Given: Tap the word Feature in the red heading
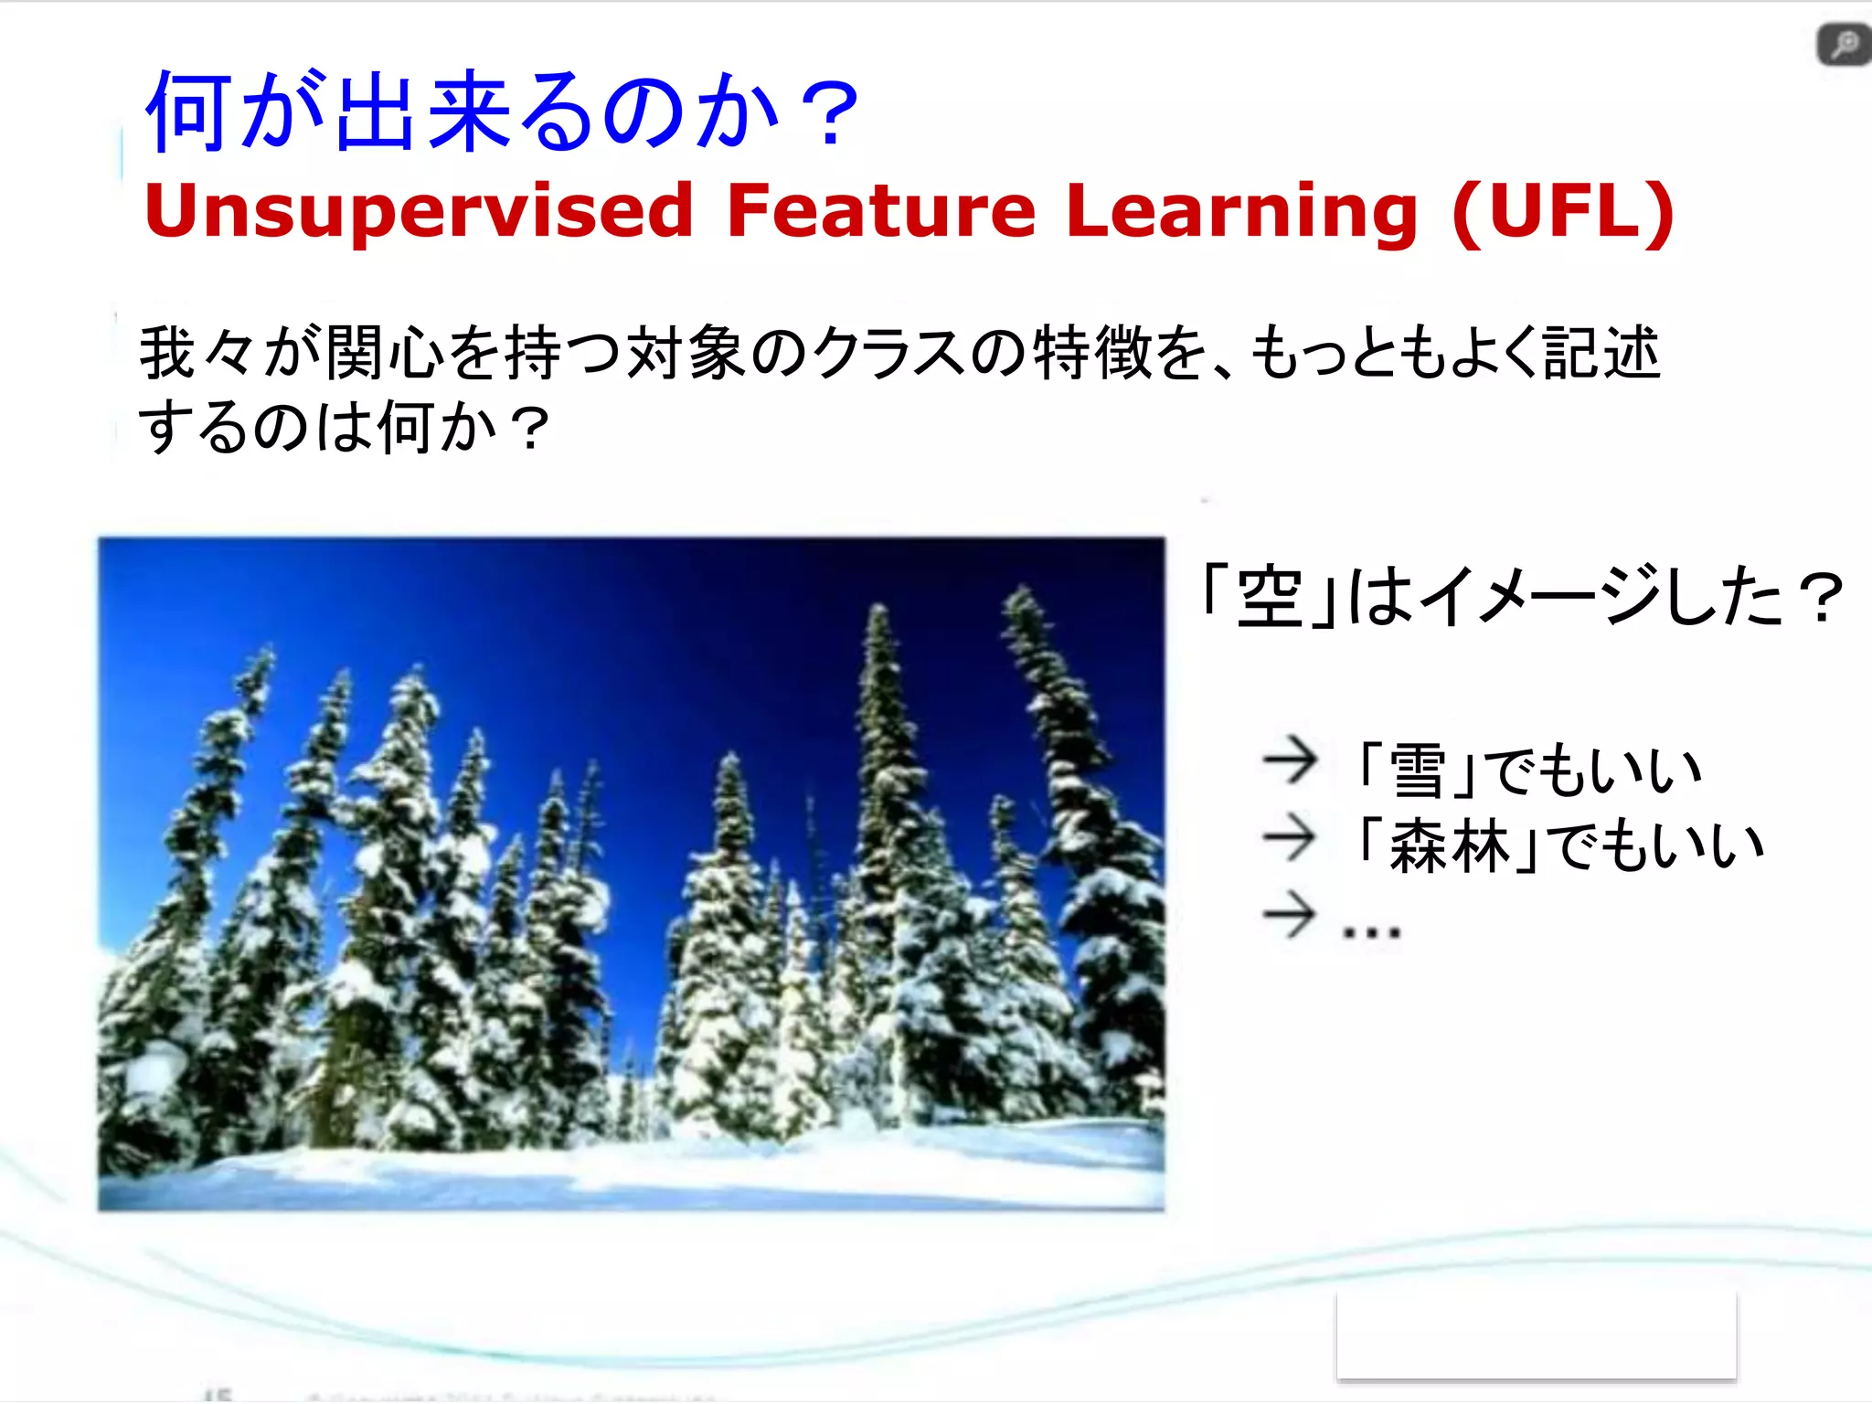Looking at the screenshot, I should coord(881,210).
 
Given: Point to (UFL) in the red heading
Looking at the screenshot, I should coord(1563,210).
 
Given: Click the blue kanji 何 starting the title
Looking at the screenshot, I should coord(187,112).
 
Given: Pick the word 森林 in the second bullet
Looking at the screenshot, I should coord(1450,846).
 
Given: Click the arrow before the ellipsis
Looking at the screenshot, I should coord(1290,913).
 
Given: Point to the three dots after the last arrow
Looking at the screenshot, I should coord(1370,932).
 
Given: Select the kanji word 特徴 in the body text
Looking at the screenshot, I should coord(1091,354).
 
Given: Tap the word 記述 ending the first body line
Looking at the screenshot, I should coord(1601,354).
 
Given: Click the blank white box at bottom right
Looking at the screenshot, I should coord(1536,1335).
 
